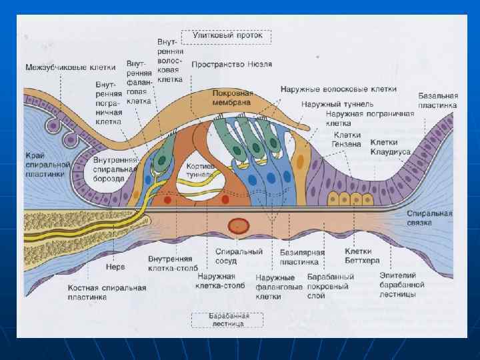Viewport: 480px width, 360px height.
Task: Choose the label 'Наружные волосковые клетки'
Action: tap(339, 89)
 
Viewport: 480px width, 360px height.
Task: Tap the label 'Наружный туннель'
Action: tap(337, 104)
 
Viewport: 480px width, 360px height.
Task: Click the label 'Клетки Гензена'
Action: tap(347, 139)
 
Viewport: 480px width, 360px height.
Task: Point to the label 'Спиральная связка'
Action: tap(430, 218)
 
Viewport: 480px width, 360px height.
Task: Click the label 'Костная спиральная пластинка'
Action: tap(107, 292)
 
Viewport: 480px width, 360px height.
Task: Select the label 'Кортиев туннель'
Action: tap(200, 170)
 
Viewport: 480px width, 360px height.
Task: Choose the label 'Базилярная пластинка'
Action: tap(302, 257)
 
